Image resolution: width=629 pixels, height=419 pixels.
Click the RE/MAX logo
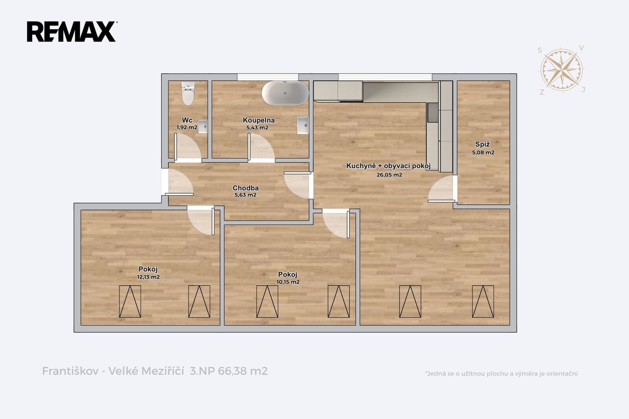72,31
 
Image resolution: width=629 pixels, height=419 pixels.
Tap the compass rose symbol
562,70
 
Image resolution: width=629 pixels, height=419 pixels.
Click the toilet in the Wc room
188,93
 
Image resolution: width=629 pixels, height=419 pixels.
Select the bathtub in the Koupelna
285,93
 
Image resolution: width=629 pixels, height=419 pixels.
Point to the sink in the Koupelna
303,125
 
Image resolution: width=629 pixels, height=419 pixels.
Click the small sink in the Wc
203,127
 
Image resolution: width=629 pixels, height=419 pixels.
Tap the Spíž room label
483,144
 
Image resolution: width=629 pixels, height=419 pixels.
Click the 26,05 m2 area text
389,175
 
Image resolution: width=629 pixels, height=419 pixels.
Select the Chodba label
245,188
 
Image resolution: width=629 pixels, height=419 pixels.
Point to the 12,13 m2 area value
148,277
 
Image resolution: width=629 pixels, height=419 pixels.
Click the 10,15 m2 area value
288,282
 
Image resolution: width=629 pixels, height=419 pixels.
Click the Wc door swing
188,147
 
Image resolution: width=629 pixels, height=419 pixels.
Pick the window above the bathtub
268,77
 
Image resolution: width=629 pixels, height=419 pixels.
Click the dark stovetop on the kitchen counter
433,112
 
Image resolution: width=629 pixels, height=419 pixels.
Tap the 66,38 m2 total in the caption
243,371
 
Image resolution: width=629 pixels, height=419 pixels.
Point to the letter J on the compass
583,90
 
